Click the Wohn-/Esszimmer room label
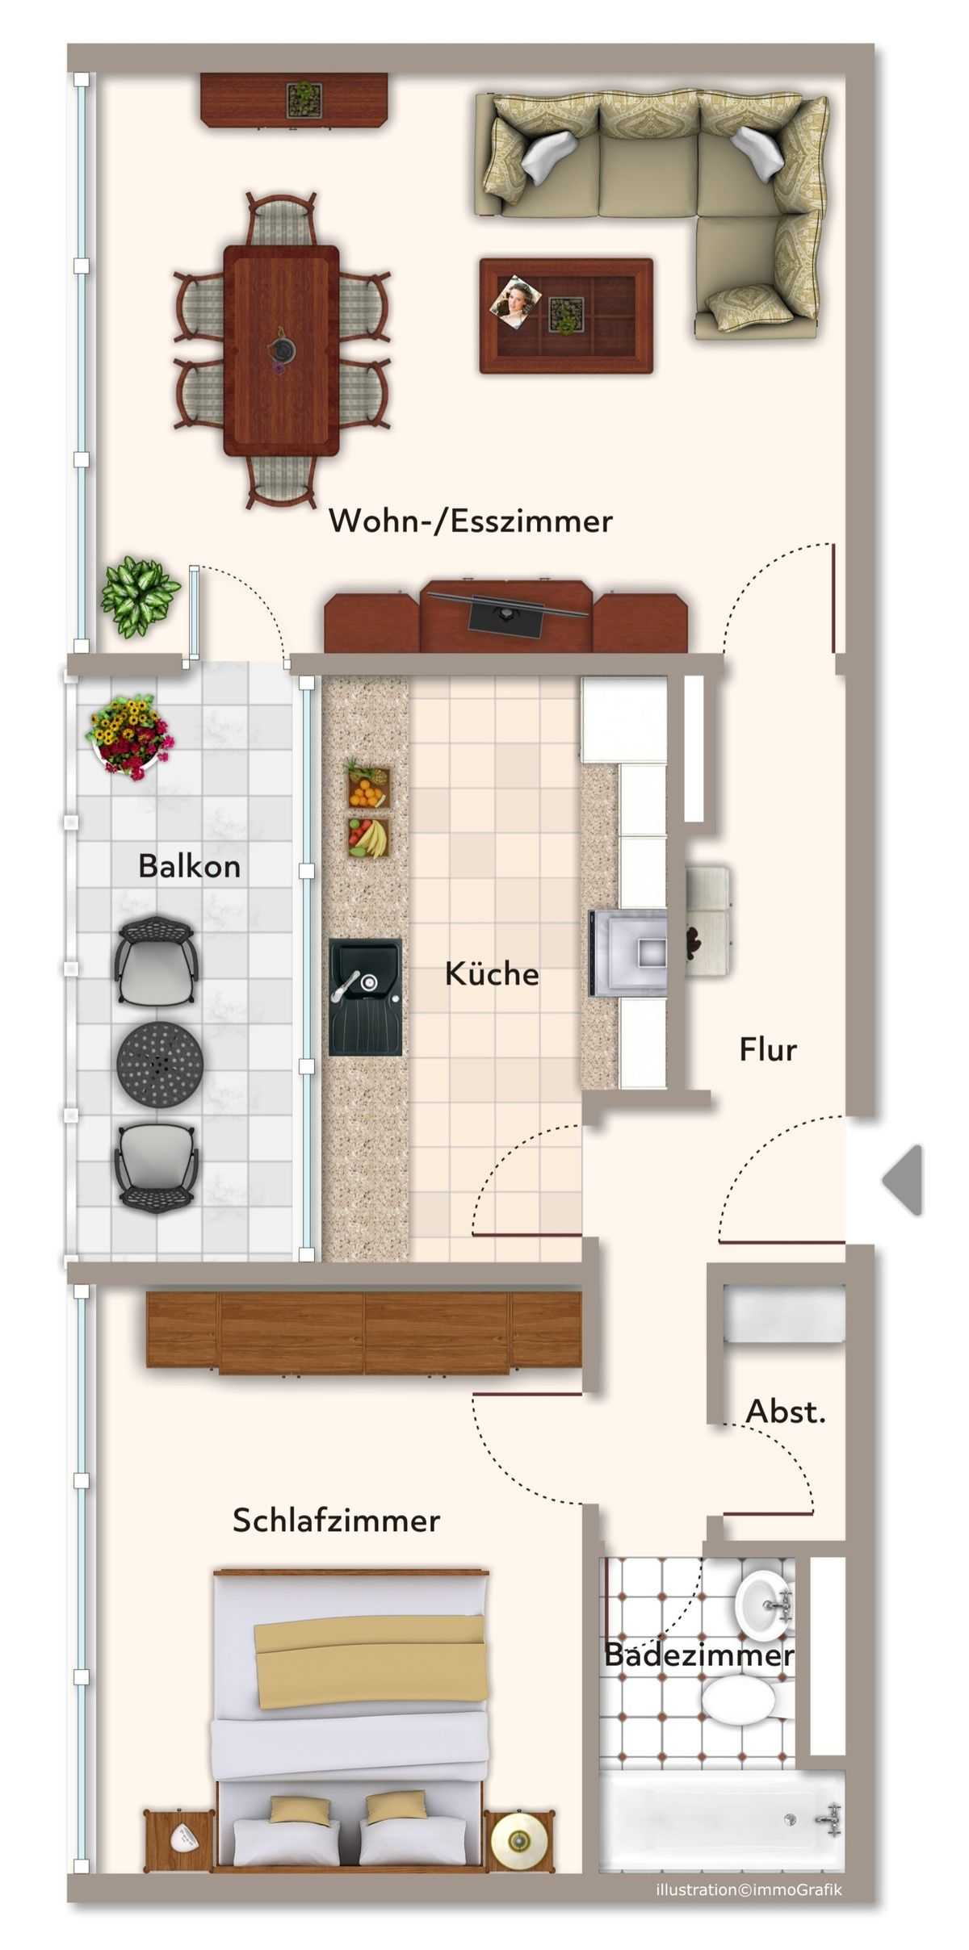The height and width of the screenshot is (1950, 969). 471,521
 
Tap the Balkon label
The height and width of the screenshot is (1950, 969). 190,866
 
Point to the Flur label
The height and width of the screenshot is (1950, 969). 768,1049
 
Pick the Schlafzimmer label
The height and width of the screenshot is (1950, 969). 337,1521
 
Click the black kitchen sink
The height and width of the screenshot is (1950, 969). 365,997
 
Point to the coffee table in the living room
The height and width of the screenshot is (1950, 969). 566,316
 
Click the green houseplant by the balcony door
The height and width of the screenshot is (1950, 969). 139,597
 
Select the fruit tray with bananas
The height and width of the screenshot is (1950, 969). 368,838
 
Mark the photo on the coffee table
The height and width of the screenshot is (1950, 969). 515,302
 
